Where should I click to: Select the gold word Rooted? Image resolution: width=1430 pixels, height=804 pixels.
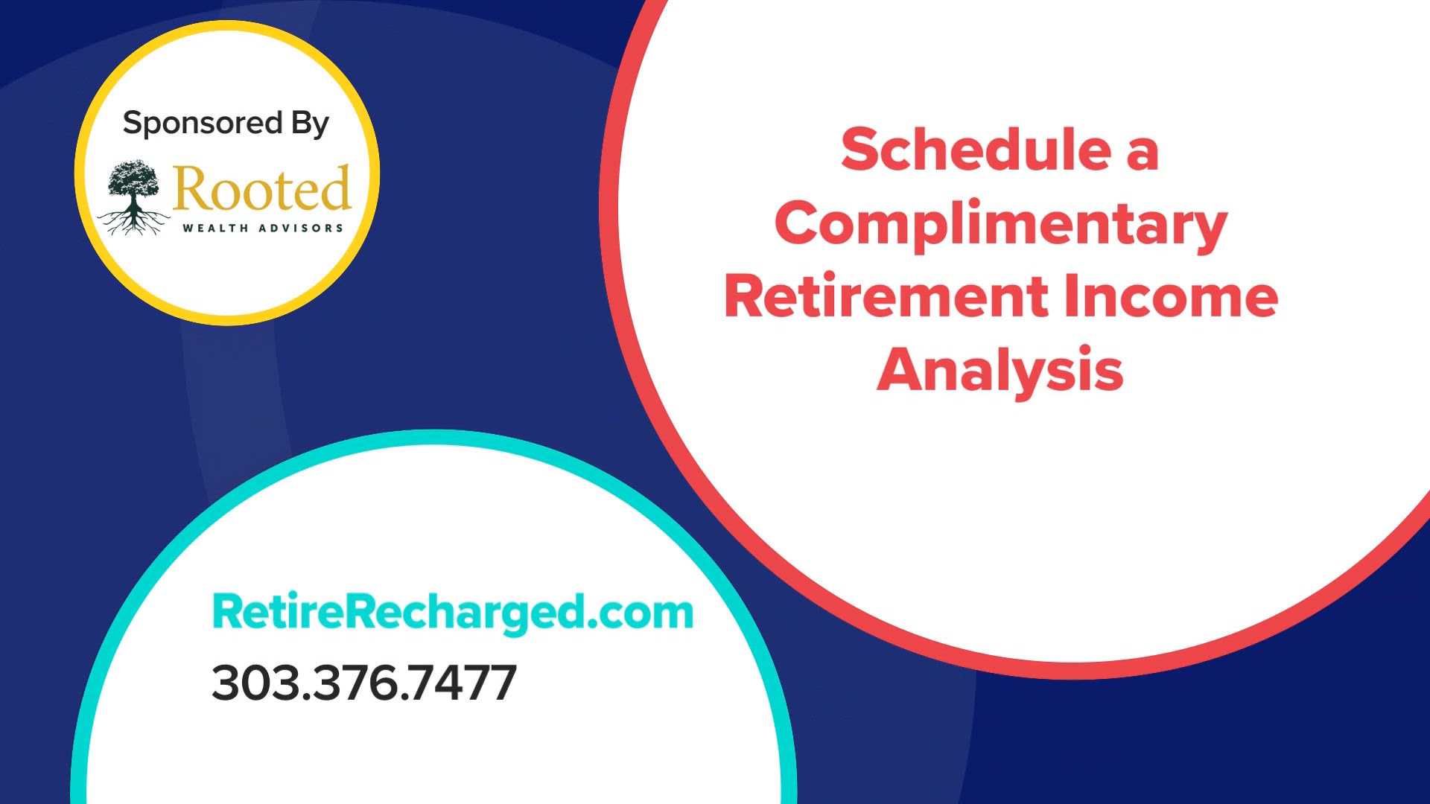coord(261,188)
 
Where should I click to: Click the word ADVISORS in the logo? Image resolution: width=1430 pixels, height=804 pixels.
coord(301,229)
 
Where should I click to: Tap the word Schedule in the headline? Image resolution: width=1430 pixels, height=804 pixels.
coord(976,150)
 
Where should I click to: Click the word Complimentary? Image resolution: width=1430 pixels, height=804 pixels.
coord(1001,223)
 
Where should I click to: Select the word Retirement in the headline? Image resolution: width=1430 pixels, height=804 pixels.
coord(886,296)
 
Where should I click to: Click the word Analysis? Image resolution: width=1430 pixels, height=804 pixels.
coord(1000,370)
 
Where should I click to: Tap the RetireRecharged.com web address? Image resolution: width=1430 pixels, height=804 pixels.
coord(453,612)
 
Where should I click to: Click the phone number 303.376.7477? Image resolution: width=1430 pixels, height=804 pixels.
coord(364,683)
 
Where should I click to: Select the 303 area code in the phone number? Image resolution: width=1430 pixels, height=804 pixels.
coord(258,683)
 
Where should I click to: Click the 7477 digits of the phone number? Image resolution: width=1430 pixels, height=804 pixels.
coord(463,683)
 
